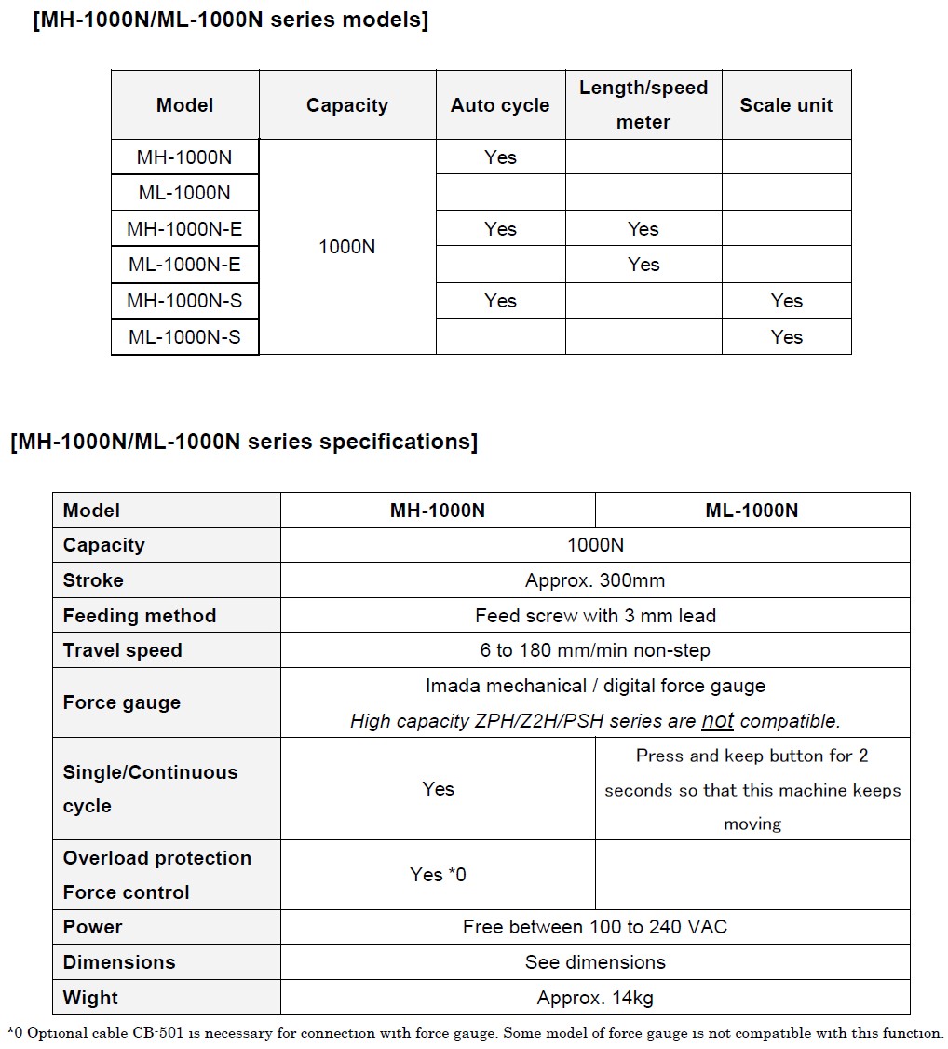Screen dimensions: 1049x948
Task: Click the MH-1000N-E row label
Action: point(184,229)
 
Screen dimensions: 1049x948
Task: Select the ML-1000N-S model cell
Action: point(184,337)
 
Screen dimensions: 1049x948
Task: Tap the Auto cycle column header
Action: point(500,105)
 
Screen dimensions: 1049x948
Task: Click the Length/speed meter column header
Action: point(643,104)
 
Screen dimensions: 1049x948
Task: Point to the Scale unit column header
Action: point(786,105)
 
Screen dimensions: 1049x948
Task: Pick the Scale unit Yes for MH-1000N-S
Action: point(786,301)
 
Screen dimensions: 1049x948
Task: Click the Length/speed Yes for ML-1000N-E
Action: point(643,265)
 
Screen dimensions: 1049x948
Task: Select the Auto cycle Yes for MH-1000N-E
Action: point(500,229)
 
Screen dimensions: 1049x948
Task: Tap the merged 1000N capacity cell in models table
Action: point(347,247)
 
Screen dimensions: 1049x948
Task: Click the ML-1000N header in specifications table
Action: point(752,511)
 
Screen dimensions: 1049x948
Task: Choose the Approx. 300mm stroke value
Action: point(595,580)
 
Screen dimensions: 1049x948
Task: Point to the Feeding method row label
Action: point(140,616)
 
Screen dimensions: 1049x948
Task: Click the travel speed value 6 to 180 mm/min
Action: point(595,650)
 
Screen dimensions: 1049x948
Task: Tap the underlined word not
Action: point(717,720)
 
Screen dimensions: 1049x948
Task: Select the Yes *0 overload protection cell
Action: point(438,875)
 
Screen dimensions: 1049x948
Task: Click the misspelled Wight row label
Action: point(90,998)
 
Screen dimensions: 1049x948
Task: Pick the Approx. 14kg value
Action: point(595,998)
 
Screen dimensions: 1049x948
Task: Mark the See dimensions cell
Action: point(595,962)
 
